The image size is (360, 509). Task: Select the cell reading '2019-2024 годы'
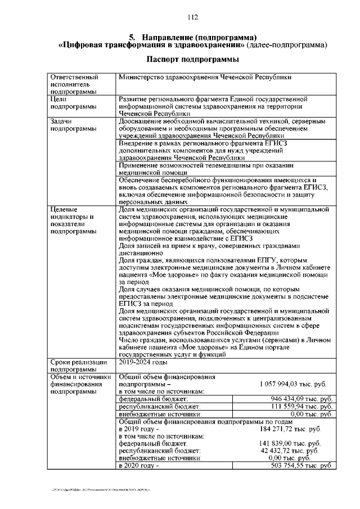click(x=143, y=362)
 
